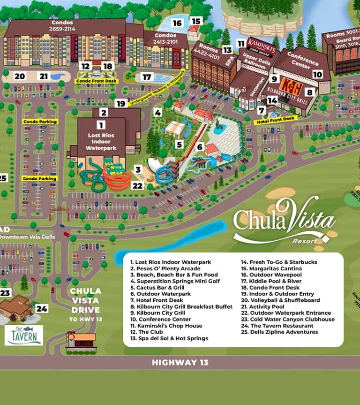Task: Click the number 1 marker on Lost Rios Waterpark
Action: click(100, 125)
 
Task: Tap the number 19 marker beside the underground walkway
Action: click(121, 104)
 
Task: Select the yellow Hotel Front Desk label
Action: click(276, 119)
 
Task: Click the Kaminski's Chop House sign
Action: click(260, 45)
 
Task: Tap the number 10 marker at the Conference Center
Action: click(318, 74)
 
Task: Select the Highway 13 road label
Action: click(180, 362)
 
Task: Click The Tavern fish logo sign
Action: click(24, 335)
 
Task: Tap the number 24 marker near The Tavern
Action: click(42, 309)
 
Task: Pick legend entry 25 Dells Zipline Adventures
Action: click(279, 332)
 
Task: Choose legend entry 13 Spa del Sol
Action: click(169, 338)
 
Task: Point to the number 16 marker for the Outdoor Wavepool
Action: click(177, 23)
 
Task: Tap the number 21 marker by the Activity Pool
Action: click(44, 76)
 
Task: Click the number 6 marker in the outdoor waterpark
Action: click(200, 147)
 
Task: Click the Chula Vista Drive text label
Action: click(85, 300)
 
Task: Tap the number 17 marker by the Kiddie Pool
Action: click(147, 77)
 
